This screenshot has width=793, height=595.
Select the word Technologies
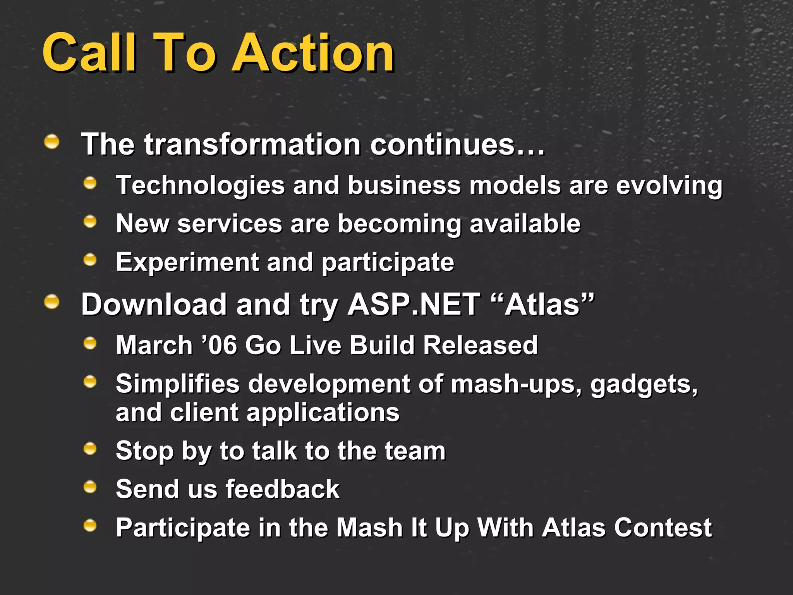pyautogui.click(x=200, y=185)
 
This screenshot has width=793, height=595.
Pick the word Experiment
pyautogui.click(x=187, y=262)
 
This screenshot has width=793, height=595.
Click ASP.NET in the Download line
pyautogui.click(x=414, y=304)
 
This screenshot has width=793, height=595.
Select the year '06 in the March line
pyautogui.click(x=219, y=345)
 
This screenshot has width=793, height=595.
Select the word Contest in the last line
pyautogui.click(x=663, y=528)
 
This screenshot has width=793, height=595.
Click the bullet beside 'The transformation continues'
pyautogui.click(x=52, y=142)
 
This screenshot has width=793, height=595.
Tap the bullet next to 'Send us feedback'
pyautogui.click(x=90, y=487)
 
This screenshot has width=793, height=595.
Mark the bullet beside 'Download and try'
pyautogui.click(x=52, y=302)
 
